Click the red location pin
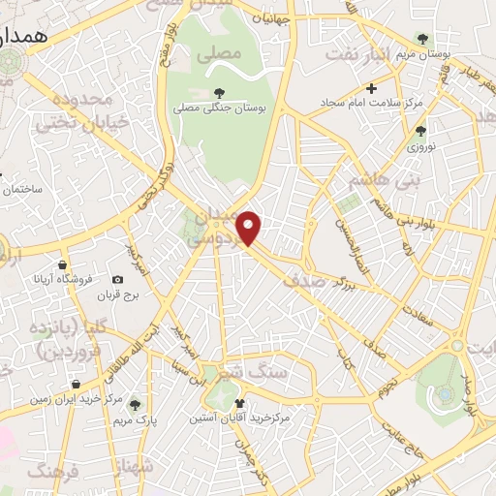(249, 227)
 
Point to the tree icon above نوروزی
(419, 130)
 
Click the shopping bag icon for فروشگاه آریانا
(63, 264)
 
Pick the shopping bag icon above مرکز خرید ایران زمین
(76, 385)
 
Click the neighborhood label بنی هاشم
(372, 181)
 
